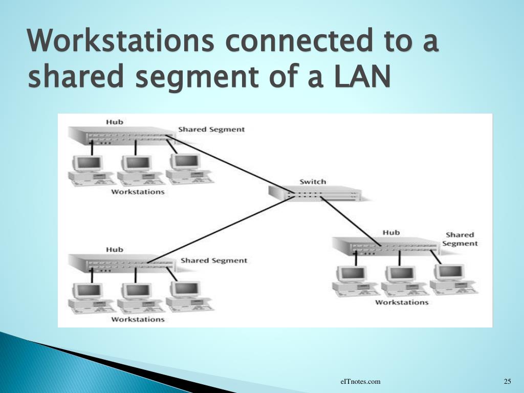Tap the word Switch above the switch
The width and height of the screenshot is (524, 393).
click(312, 182)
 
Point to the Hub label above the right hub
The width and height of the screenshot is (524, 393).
click(391, 232)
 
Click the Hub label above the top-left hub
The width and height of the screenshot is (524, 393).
click(115, 122)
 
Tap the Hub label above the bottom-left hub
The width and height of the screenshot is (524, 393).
click(115, 250)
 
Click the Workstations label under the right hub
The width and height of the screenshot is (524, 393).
click(402, 302)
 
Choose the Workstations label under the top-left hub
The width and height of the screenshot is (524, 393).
click(138, 192)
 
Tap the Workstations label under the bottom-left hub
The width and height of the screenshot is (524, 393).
click(138, 319)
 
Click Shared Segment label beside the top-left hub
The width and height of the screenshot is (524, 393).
click(211, 129)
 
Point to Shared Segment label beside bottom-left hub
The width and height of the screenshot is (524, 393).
click(213, 260)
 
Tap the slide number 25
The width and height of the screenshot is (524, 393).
click(508, 381)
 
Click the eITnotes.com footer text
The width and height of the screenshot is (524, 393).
click(361, 381)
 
